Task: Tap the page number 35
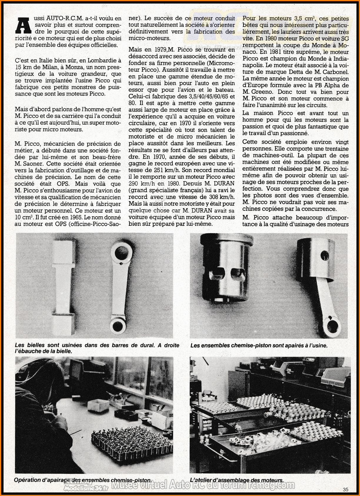(x=345, y=490)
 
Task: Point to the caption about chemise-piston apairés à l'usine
(x=259, y=345)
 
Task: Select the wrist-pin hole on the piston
(x=324, y=252)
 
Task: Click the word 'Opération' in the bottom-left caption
(x=28, y=480)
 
